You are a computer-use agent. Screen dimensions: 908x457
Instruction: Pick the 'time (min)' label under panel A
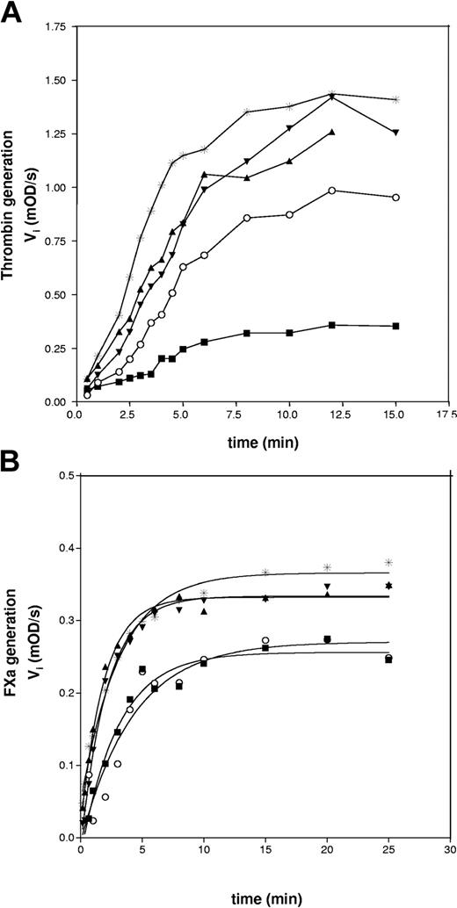pyautogui.click(x=260, y=441)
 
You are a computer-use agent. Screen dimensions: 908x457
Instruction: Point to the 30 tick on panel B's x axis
pyautogui.click(x=450, y=851)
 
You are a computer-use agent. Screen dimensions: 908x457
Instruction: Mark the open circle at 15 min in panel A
pyautogui.click(x=395, y=198)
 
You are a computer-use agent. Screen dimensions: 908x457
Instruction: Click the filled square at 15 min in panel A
pyautogui.click(x=395, y=326)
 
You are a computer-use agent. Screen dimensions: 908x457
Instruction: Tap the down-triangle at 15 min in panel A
pyautogui.click(x=395, y=133)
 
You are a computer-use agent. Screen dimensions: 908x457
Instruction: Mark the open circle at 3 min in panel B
pyautogui.click(x=117, y=764)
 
